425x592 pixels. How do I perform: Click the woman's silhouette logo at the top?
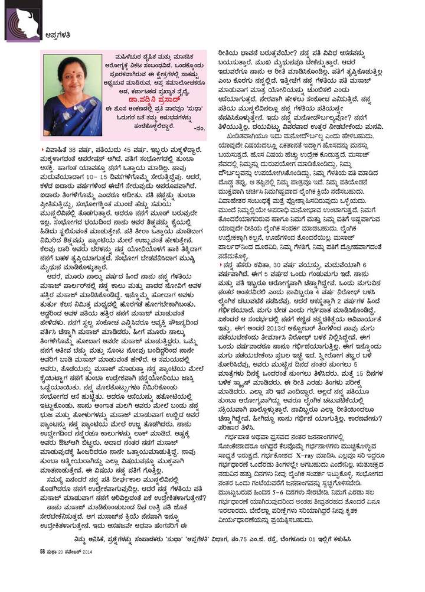tap(22, 21)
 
